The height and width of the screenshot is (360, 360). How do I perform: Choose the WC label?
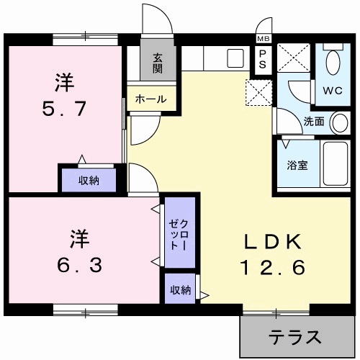pos(333,91)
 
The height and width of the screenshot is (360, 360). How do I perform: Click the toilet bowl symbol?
pos(333,63)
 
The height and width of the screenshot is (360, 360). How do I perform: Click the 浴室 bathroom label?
pos(298,164)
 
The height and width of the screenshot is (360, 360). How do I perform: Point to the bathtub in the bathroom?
pos(333,164)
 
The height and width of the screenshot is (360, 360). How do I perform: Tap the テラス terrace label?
pos(294,336)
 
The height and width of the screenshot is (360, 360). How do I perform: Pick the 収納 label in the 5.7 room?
pos(89,180)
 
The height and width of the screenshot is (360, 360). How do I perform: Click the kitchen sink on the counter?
pos(235,58)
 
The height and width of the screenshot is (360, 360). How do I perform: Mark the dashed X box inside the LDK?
pos(258,91)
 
